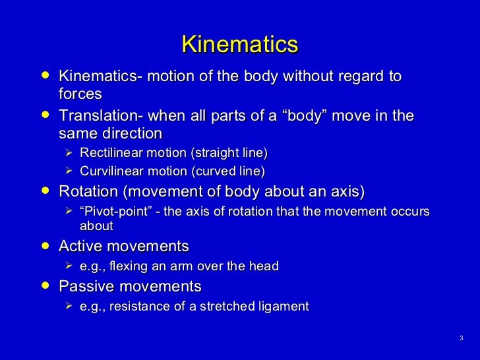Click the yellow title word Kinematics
(x=239, y=45)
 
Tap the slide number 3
(x=461, y=338)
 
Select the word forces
(x=80, y=94)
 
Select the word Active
(x=79, y=247)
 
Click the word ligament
(x=284, y=307)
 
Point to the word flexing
(x=126, y=266)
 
